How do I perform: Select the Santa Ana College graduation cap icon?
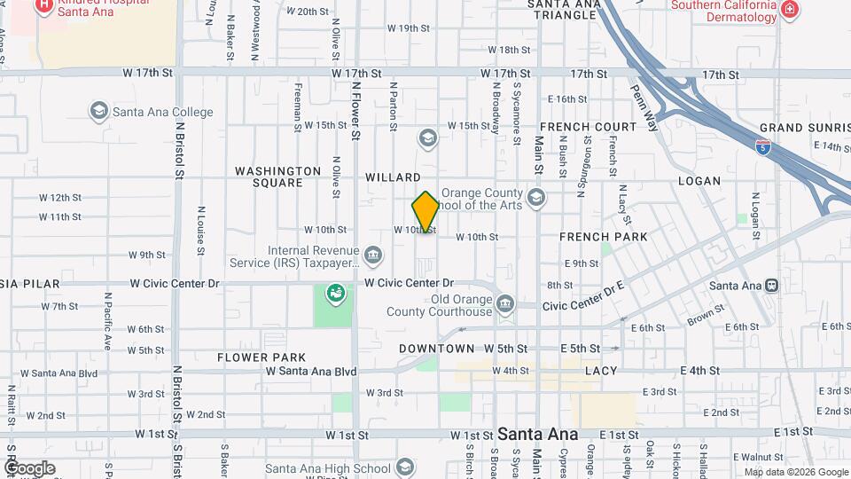click(x=99, y=112)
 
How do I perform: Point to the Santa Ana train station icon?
click(x=771, y=286)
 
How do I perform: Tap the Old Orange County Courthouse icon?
click(x=505, y=304)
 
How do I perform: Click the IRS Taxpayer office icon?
click(x=373, y=256)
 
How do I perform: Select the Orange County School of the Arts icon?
click(x=535, y=198)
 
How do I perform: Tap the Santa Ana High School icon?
click(x=404, y=467)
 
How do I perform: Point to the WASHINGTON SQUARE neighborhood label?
click(x=277, y=177)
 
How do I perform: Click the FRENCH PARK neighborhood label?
click(x=603, y=237)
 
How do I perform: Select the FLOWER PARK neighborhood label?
click(x=262, y=357)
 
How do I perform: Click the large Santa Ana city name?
click(x=537, y=435)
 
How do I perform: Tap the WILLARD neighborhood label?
click(x=393, y=177)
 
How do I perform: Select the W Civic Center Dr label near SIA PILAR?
click(x=174, y=284)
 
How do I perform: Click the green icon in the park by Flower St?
click(x=336, y=292)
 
